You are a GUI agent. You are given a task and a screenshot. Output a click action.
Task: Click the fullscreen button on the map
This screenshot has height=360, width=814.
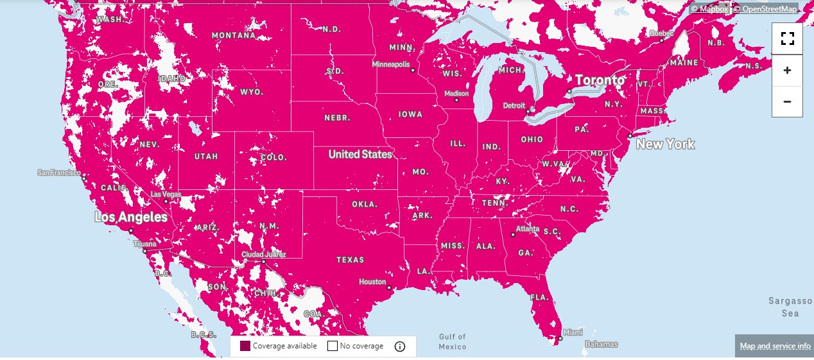[787, 39]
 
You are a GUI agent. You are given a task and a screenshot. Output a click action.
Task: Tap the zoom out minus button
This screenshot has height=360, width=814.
[787, 101]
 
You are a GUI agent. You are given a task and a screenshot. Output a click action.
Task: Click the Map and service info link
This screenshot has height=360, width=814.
[775, 346]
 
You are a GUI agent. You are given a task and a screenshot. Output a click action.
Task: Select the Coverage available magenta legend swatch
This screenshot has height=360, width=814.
[245, 347]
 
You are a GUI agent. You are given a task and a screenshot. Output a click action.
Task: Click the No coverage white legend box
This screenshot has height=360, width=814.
[333, 347]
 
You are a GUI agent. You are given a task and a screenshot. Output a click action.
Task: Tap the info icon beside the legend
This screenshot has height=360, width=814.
[400, 347]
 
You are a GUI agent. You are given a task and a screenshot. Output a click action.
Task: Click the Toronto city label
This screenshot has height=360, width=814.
[600, 80]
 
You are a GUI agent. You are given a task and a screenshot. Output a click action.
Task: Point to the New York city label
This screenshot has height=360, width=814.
[665, 144]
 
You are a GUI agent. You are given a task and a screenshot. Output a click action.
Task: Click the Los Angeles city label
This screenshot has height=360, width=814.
[131, 218]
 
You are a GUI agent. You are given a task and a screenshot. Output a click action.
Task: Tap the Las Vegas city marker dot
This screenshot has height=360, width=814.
[166, 201]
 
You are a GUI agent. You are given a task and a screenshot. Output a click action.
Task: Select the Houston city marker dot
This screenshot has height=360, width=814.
[388, 288]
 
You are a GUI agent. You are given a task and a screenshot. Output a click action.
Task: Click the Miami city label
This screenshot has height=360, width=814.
[571, 333]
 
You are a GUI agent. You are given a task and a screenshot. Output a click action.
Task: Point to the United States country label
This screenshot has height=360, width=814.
[359, 155]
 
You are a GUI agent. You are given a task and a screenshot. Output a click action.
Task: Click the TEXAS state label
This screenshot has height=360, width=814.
[351, 260]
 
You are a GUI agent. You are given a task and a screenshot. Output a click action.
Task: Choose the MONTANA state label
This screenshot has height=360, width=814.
[234, 35]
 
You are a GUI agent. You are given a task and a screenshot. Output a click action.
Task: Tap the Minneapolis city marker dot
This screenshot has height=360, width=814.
[413, 71]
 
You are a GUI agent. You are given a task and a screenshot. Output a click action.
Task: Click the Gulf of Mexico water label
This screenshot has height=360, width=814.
[453, 341]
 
